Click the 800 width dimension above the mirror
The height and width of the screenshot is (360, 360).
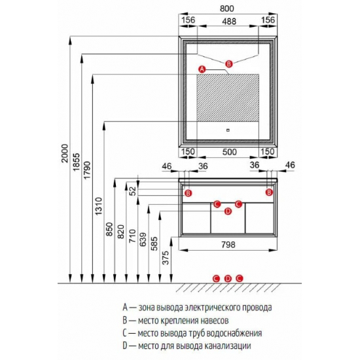[227, 9]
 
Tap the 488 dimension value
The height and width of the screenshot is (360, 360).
[229, 22]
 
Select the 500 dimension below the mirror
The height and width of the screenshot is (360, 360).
[230, 152]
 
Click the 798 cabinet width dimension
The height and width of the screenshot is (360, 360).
[228, 245]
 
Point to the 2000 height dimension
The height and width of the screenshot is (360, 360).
[65, 153]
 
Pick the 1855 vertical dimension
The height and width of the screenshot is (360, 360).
[76, 162]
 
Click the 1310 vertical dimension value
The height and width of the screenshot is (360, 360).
[98, 206]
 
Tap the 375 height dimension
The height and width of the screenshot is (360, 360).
[166, 258]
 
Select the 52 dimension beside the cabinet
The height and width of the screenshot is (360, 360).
[133, 191]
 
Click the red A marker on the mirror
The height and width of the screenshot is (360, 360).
[202, 69]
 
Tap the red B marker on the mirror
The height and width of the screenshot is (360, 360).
[228, 64]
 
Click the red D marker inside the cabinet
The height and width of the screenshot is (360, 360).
[228, 211]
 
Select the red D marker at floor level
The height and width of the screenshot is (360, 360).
[228, 278]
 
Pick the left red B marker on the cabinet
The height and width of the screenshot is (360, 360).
[188, 193]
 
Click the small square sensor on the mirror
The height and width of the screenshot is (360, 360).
[228, 130]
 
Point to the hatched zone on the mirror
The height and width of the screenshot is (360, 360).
[228, 98]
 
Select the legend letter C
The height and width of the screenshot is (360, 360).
[125, 333]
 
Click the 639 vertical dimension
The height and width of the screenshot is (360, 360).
[143, 240]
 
